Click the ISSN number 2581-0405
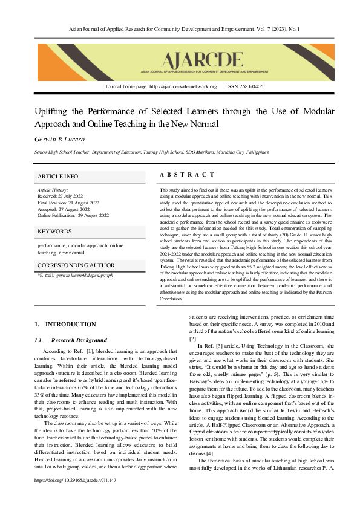tap(244, 86)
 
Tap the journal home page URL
tap(161, 86)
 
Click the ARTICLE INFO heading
tap(58, 176)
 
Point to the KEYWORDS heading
tap(55, 231)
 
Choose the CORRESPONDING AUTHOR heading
tap(76, 265)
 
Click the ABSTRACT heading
tap(187, 175)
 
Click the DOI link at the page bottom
tap(76, 496)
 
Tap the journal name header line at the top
tap(180, 29)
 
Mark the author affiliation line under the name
tap(151, 152)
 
